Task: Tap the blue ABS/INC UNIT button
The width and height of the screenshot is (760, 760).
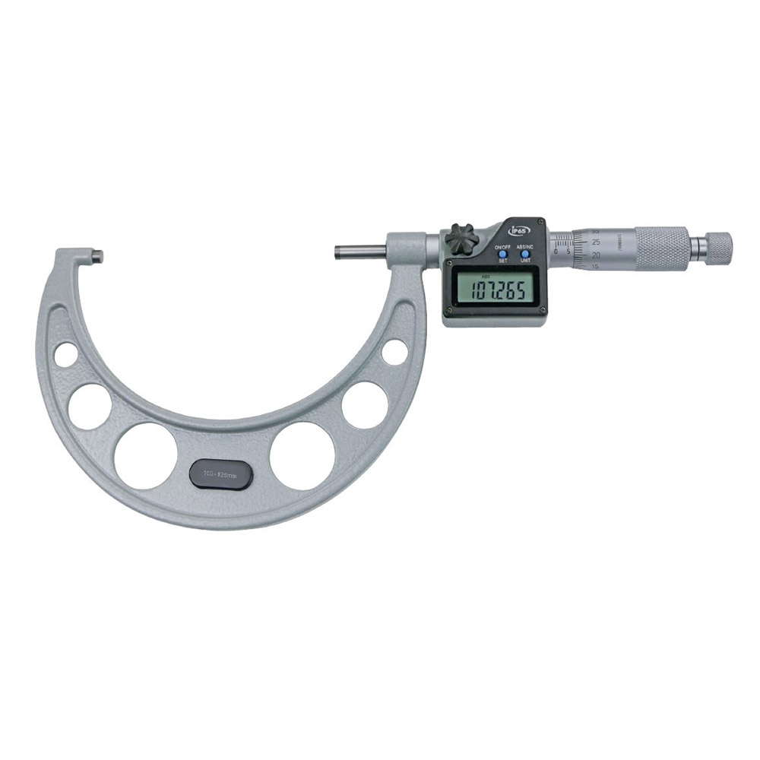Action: point(524,254)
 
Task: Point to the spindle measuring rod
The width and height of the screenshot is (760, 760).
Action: point(362,252)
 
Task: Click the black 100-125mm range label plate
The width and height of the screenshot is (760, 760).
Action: point(220,473)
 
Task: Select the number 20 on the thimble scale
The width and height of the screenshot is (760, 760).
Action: point(595,255)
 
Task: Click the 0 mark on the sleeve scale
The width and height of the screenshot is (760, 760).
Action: point(556,251)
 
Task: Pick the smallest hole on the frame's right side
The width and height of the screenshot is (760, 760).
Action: point(394,352)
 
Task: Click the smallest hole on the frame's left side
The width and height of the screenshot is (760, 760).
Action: point(65,354)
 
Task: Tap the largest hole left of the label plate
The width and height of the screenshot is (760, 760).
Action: point(147,455)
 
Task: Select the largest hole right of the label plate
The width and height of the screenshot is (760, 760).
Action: point(302,455)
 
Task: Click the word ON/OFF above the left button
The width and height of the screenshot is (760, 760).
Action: point(502,248)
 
